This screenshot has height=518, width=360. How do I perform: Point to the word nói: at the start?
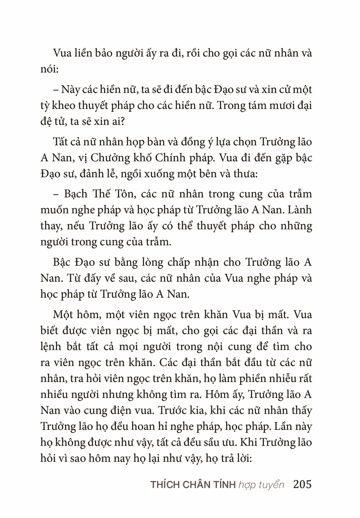[49, 69]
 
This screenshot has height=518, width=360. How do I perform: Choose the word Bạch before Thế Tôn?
[76, 194]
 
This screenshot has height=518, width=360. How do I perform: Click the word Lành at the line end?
[299, 210]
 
